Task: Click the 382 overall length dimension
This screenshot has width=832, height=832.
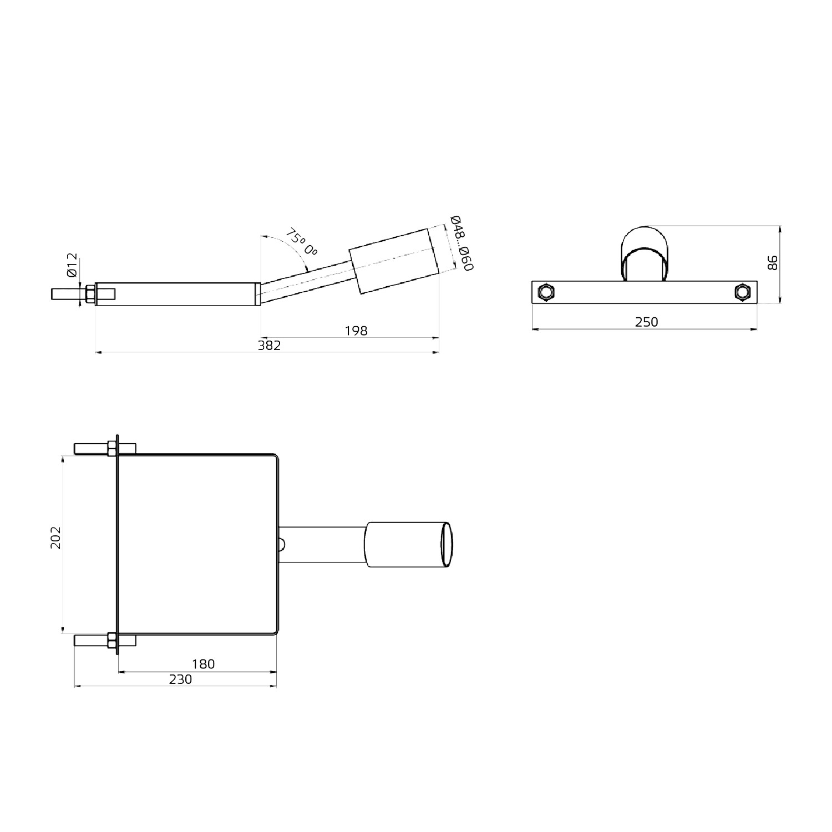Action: [x=270, y=346]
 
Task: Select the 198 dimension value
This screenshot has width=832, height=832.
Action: [x=356, y=331]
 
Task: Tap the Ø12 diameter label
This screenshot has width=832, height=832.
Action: [x=72, y=266]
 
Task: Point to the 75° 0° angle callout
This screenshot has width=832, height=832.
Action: [x=302, y=243]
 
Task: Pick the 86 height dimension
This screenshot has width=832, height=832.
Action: [x=772, y=262]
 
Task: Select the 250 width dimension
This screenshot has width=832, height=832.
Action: [x=647, y=322]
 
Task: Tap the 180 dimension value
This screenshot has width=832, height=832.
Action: [x=203, y=664]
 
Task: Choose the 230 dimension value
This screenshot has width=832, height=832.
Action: [x=181, y=679]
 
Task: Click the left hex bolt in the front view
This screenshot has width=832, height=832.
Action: [x=546, y=292]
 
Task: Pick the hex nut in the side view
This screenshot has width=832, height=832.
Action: [x=90, y=294]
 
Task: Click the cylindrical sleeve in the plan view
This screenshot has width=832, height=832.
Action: [x=408, y=545]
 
